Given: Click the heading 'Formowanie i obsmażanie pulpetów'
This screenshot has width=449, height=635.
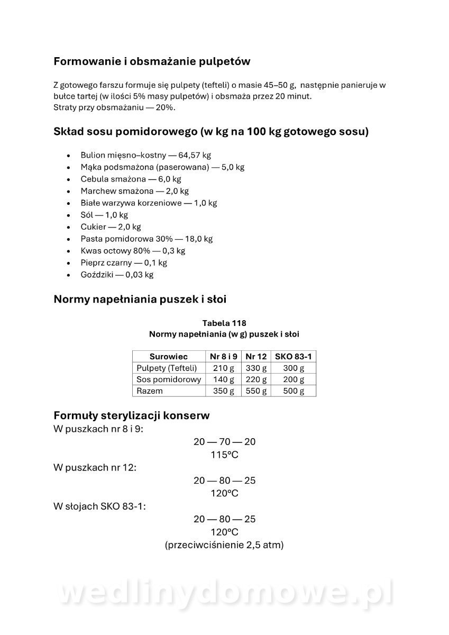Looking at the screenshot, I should [152, 61].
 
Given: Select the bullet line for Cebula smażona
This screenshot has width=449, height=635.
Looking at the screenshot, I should [131, 179].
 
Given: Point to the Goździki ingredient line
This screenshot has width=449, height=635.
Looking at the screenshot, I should [117, 275].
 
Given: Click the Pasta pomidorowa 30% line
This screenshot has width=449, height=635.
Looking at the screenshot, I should [146, 239].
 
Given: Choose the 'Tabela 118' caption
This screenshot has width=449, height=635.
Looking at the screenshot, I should [224, 323].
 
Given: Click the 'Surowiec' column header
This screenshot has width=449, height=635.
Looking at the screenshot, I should [169, 357].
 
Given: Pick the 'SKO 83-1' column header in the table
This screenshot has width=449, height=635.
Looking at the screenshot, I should [294, 357].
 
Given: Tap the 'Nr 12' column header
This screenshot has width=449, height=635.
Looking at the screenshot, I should [256, 357].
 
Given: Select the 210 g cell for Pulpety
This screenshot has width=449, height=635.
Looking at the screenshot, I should [223, 368].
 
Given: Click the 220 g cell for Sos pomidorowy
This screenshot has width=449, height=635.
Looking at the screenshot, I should [256, 379].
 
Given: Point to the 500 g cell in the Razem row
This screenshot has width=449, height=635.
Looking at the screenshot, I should [294, 391].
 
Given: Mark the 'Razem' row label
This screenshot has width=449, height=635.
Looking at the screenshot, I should [150, 391].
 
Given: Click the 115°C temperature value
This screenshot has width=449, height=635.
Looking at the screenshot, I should [224, 455].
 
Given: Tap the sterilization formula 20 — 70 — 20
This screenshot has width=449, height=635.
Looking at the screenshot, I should [224, 442].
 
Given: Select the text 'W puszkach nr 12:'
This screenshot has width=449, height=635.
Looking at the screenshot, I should [95, 468].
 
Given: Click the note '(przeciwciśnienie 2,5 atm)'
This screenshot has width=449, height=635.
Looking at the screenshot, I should [224, 545].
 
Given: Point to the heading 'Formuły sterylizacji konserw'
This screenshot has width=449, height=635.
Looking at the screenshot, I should [132, 415].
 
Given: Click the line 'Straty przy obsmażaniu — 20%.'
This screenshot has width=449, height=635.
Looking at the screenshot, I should [114, 107].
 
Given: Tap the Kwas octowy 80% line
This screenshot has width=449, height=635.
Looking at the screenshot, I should [133, 251].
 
